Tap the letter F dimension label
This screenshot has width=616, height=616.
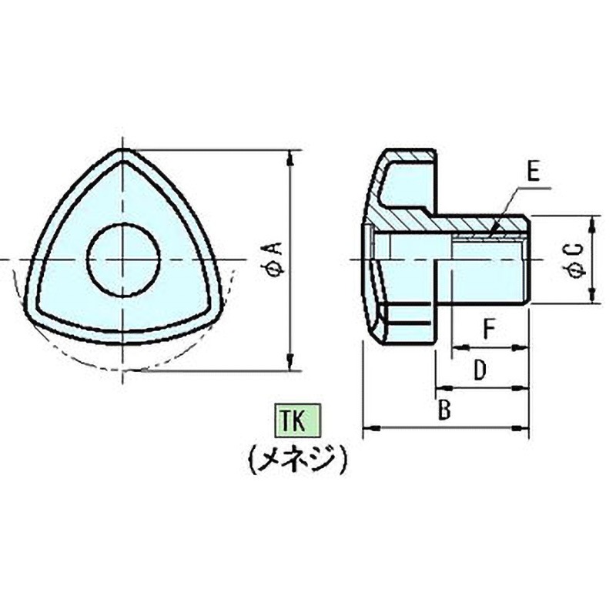click(x=488, y=330)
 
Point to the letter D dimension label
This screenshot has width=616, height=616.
click(x=479, y=370)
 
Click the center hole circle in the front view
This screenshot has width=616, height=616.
click(x=123, y=259)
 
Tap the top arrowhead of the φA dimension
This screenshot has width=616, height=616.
click(x=290, y=157)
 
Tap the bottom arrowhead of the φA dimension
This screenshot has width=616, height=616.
click(x=290, y=363)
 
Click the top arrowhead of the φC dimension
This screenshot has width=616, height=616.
click(x=591, y=223)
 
